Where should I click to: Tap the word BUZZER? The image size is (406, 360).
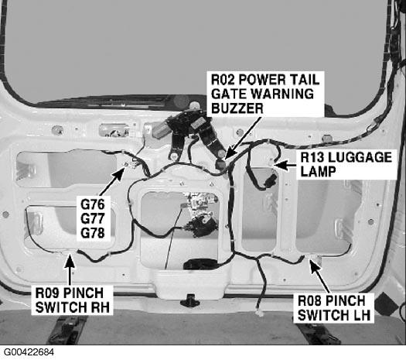(x=237, y=108)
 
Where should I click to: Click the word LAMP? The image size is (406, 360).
(x=318, y=171)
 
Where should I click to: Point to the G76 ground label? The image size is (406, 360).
(x=93, y=204)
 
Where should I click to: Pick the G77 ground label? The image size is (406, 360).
(x=93, y=218)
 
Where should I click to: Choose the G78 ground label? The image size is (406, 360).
(x=93, y=233)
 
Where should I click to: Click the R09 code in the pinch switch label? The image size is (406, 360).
(x=48, y=293)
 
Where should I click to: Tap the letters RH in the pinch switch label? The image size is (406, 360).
(x=101, y=307)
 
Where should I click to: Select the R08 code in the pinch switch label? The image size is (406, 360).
(x=309, y=301)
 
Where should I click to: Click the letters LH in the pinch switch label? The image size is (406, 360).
(x=362, y=315)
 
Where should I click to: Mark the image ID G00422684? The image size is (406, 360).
(x=29, y=352)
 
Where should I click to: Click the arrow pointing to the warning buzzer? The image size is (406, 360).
(x=243, y=138)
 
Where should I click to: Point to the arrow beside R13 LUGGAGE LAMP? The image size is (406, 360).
(x=285, y=165)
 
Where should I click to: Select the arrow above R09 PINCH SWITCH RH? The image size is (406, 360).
(x=70, y=269)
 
